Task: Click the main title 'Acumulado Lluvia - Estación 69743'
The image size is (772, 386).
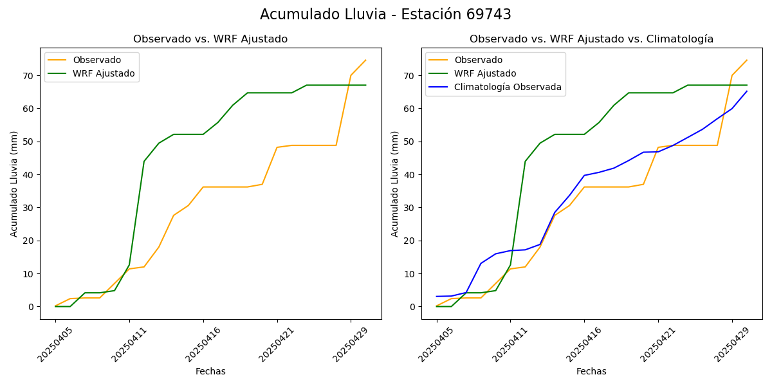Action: (385, 15)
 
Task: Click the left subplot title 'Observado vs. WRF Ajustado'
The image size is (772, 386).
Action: (210, 39)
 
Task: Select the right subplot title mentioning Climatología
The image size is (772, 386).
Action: (591, 39)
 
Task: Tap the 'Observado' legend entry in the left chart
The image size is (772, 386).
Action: (96, 60)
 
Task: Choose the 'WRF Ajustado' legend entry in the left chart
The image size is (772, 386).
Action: (104, 73)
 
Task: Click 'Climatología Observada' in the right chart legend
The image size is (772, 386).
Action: (508, 87)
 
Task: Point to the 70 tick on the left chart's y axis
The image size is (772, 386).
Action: (28, 76)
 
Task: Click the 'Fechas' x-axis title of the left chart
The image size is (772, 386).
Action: (210, 371)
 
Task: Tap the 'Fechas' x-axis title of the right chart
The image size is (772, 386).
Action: (591, 371)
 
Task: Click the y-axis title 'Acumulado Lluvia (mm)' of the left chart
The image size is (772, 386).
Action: (14, 183)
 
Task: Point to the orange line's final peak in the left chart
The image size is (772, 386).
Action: (365, 60)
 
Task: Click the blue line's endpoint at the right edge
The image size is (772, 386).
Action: (747, 91)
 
